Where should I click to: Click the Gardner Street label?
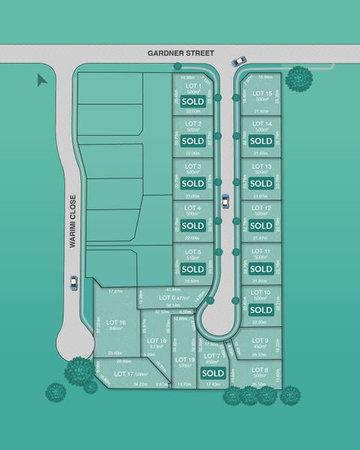tap(180, 53)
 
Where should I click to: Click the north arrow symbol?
tap(42, 80)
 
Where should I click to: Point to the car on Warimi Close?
tap(73, 283)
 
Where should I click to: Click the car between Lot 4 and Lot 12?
tap(224, 200)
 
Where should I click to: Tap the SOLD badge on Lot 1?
tap(192, 100)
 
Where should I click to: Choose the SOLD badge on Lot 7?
tap(213, 373)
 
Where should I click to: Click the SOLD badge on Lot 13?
tap(261, 183)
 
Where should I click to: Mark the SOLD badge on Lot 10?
tap(261, 310)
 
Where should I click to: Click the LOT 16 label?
tap(115, 322)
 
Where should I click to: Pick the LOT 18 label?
tap(157, 340)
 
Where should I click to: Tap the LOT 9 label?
tap(260, 340)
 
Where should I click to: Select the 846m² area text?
tap(115, 328)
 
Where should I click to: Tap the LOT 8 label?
tap(260, 370)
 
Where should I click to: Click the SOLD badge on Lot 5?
tap(192, 268)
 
